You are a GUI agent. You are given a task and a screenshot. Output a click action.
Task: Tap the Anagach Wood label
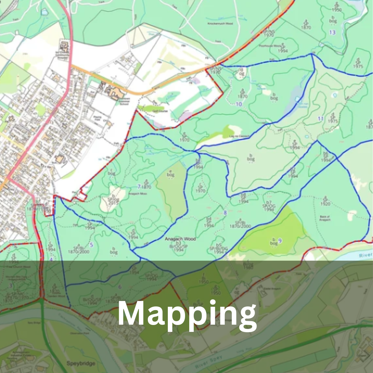point(180,239)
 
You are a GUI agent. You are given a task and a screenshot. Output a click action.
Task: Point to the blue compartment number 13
point(332,32)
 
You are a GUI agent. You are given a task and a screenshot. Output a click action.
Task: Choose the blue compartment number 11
point(321,119)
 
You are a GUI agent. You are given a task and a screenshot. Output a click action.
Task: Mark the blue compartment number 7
point(139,186)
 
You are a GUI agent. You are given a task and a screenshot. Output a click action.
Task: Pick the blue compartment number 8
point(225,213)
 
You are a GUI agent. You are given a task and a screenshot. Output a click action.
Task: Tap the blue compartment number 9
point(280,241)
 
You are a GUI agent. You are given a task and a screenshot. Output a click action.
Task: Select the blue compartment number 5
point(92,245)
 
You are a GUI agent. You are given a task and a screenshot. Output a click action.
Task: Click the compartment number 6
point(120,286)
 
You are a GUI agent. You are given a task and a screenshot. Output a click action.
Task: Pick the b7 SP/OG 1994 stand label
point(269,206)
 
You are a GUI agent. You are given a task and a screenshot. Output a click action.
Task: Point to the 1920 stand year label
point(325,204)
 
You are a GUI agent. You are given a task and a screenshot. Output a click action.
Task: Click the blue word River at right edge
point(365,255)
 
